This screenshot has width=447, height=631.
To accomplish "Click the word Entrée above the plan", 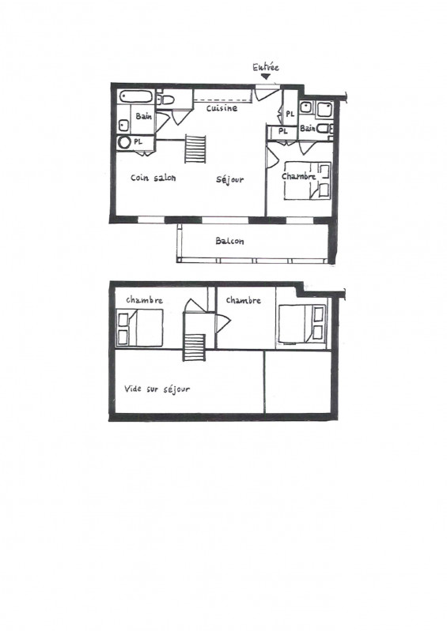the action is tap(266, 67).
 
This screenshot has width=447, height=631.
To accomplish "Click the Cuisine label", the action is tap(222, 108).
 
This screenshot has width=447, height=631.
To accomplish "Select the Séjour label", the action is tap(229, 179).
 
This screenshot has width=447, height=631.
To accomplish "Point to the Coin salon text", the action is tap(153, 178).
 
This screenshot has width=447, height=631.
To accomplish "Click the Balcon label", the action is tap(229, 241).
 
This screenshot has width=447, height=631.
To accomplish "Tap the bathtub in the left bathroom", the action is tap(136, 97).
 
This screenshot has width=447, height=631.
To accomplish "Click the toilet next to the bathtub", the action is tap(165, 100).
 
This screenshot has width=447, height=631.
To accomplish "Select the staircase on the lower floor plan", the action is tap(195, 149).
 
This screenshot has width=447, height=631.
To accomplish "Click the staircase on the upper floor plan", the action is tap(195, 347).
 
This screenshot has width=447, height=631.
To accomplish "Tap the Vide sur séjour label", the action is tap(157, 389).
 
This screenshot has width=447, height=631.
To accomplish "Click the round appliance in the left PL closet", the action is tap(124, 142).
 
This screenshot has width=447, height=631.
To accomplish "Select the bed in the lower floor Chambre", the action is tap(308, 180).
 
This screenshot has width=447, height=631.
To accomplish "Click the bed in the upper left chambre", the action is tap(140, 328).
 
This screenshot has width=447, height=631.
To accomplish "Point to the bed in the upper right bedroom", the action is tap(302, 325).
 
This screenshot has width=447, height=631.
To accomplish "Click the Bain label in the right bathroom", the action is tap(308, 129).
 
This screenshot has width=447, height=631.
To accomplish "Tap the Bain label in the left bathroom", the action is tap(144, 116).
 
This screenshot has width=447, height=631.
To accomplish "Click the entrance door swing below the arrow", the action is tap(266, 93).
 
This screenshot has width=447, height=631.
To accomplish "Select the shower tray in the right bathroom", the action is tap(324, 110).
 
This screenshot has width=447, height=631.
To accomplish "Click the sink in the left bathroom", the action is tap(123, 126).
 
